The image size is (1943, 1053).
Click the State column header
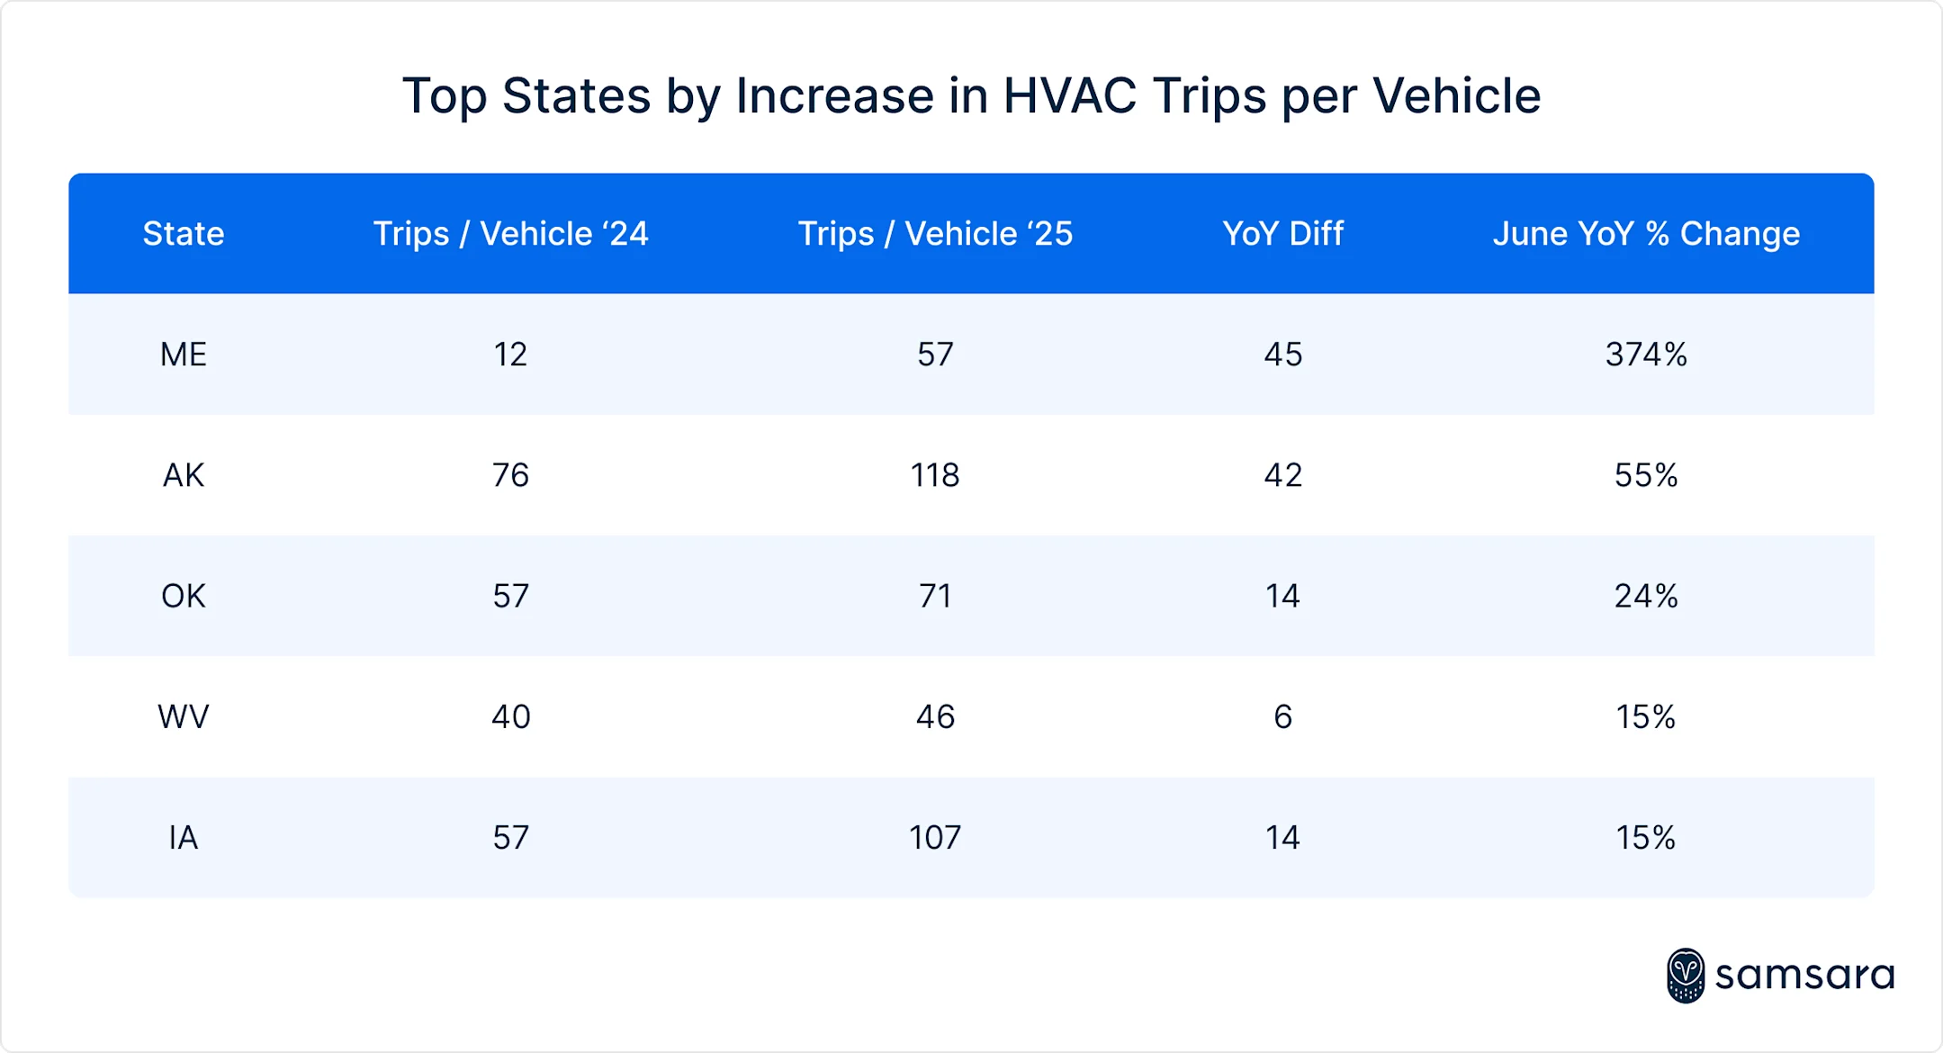tap(184, 234)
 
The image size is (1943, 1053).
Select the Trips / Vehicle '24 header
tap(510, 234)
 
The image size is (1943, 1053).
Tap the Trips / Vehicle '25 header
tap(935, 234)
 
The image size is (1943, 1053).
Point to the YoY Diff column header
tap(1282, 234)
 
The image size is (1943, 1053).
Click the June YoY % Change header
tap(1646, 234)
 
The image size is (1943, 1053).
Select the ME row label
tap(184, 355)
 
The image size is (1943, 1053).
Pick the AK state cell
tap(184, 475)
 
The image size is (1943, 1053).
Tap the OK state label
tap(184, 596)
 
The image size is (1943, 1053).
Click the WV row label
tap(184, 716)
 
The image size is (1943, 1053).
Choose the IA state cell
tap(184, 838)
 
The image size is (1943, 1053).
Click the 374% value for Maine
tap(1646, 355)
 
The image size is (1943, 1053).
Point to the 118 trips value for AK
tap(935, 475)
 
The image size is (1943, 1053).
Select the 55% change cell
tap(1646, 475)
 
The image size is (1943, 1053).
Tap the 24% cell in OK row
tap(1646, 596)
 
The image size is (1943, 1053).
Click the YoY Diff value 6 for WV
tap(1282, 716)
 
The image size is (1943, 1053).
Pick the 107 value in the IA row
tap(935, 838)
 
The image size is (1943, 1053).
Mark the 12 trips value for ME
tap(510, 355)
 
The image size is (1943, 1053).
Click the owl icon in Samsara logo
tap(1685, 976)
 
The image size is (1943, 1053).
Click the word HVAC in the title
tap(1069, 95)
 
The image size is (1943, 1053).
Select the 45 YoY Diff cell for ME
tap(1282, 355)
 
